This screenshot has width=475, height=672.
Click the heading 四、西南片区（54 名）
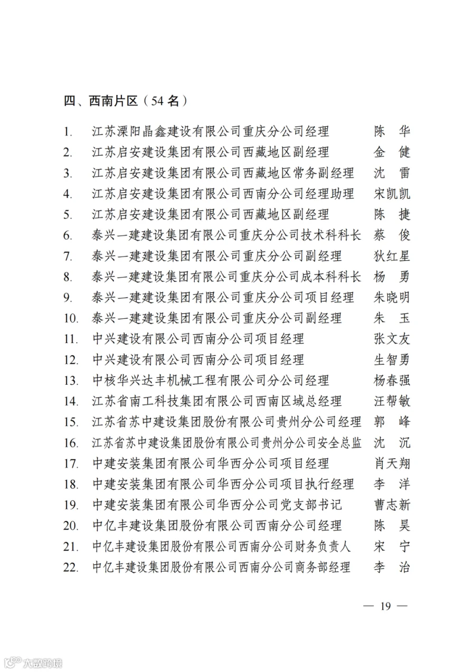point(126,101)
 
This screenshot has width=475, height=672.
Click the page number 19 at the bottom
point(385,606)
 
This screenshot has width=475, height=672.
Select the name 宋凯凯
point(391,194)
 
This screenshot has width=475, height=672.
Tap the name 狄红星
point(391,256)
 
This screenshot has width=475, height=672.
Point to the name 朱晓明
point(391,298)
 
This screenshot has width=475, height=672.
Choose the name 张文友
point(391,339)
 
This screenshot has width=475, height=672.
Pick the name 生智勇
point(391,359)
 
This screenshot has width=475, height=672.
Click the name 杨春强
point(391,380)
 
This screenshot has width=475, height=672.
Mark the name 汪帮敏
point(391,401)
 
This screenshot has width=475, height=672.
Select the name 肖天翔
point(391,463)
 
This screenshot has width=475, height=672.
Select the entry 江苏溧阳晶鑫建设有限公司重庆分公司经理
point(210,131)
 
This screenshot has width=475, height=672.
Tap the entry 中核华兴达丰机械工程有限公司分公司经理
point(210,380)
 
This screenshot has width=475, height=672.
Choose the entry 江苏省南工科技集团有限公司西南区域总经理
point(216,401)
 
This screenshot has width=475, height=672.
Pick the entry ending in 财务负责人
point(221,546)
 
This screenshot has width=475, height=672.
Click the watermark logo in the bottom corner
point(32,662)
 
